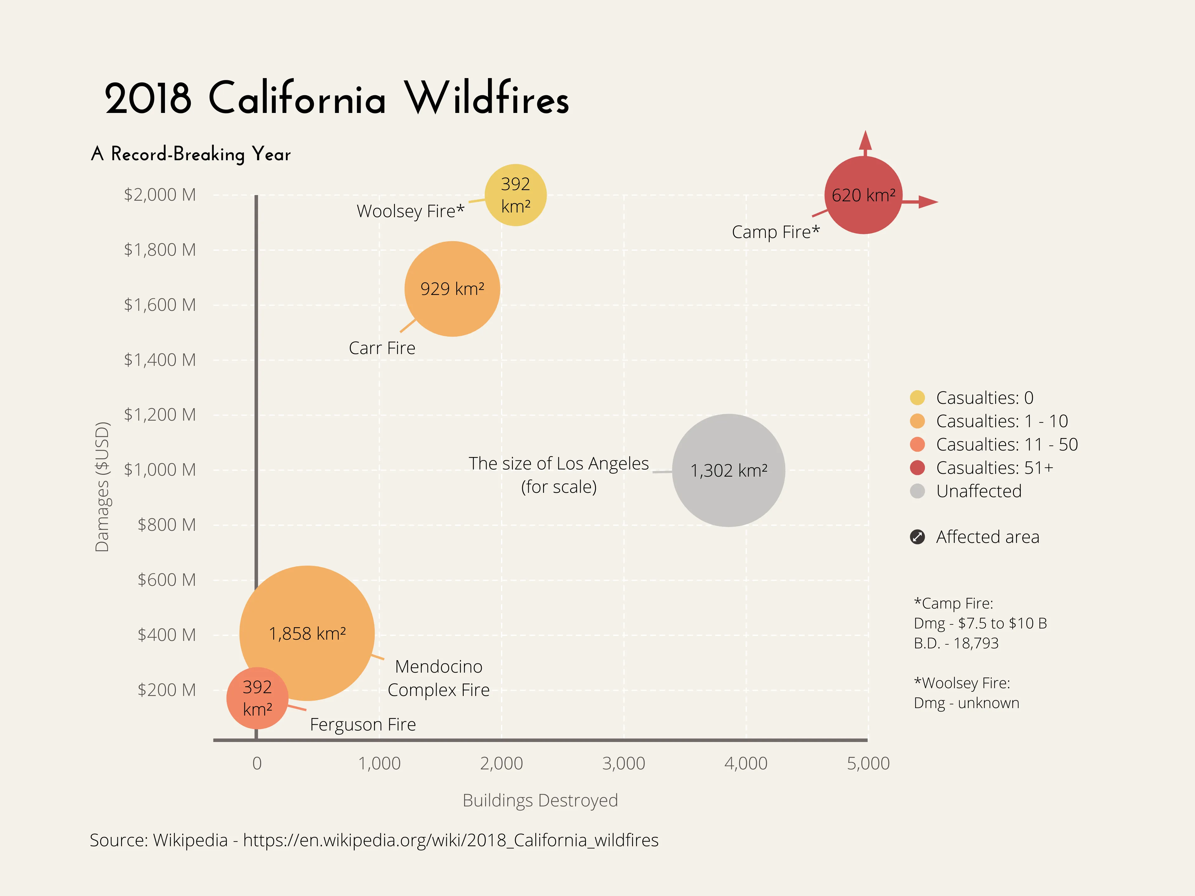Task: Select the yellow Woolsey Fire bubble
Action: (x=515, y=195)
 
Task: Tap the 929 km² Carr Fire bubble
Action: (x=452, y=289)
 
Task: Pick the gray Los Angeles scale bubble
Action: (x=728, y=470)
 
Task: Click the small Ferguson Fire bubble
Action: (x=257, y=698)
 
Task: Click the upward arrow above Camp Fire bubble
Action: (x=865, y=142)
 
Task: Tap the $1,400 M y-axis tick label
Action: (x=160, y=360)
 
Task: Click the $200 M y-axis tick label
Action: (x=166, y=690)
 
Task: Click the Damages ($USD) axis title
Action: (x=102, y=487)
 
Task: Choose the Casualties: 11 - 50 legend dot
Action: (x=917, y=445)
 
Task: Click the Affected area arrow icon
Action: (x=917, y=537)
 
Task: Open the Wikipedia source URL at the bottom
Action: (x=451, y=840)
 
